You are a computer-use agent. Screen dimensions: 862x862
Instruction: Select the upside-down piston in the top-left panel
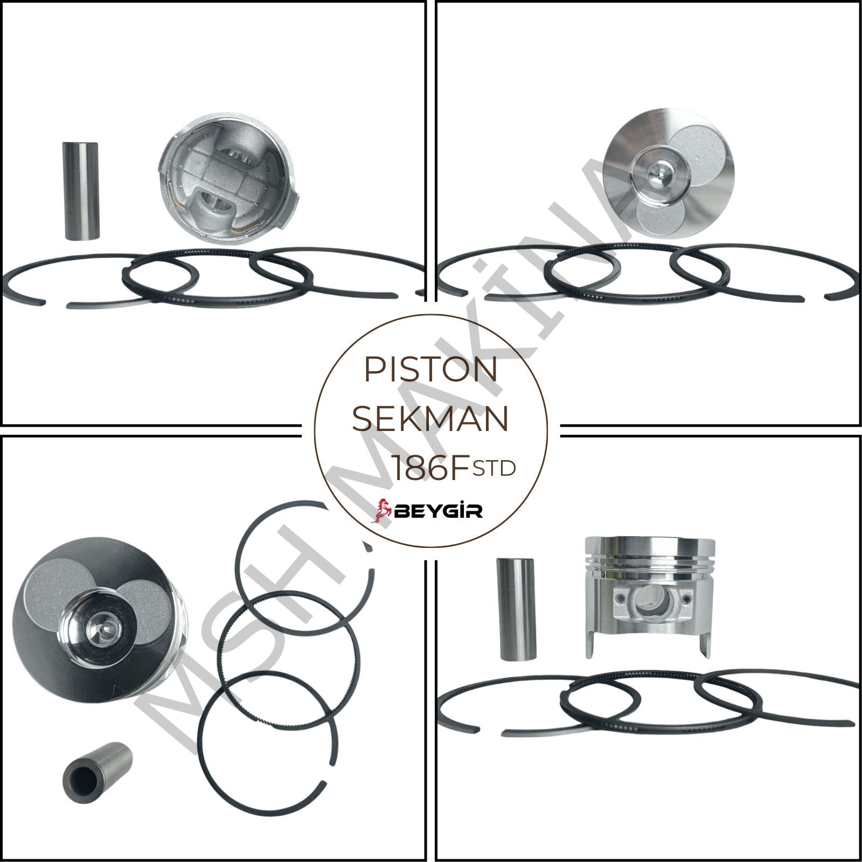tap(229, 185)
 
